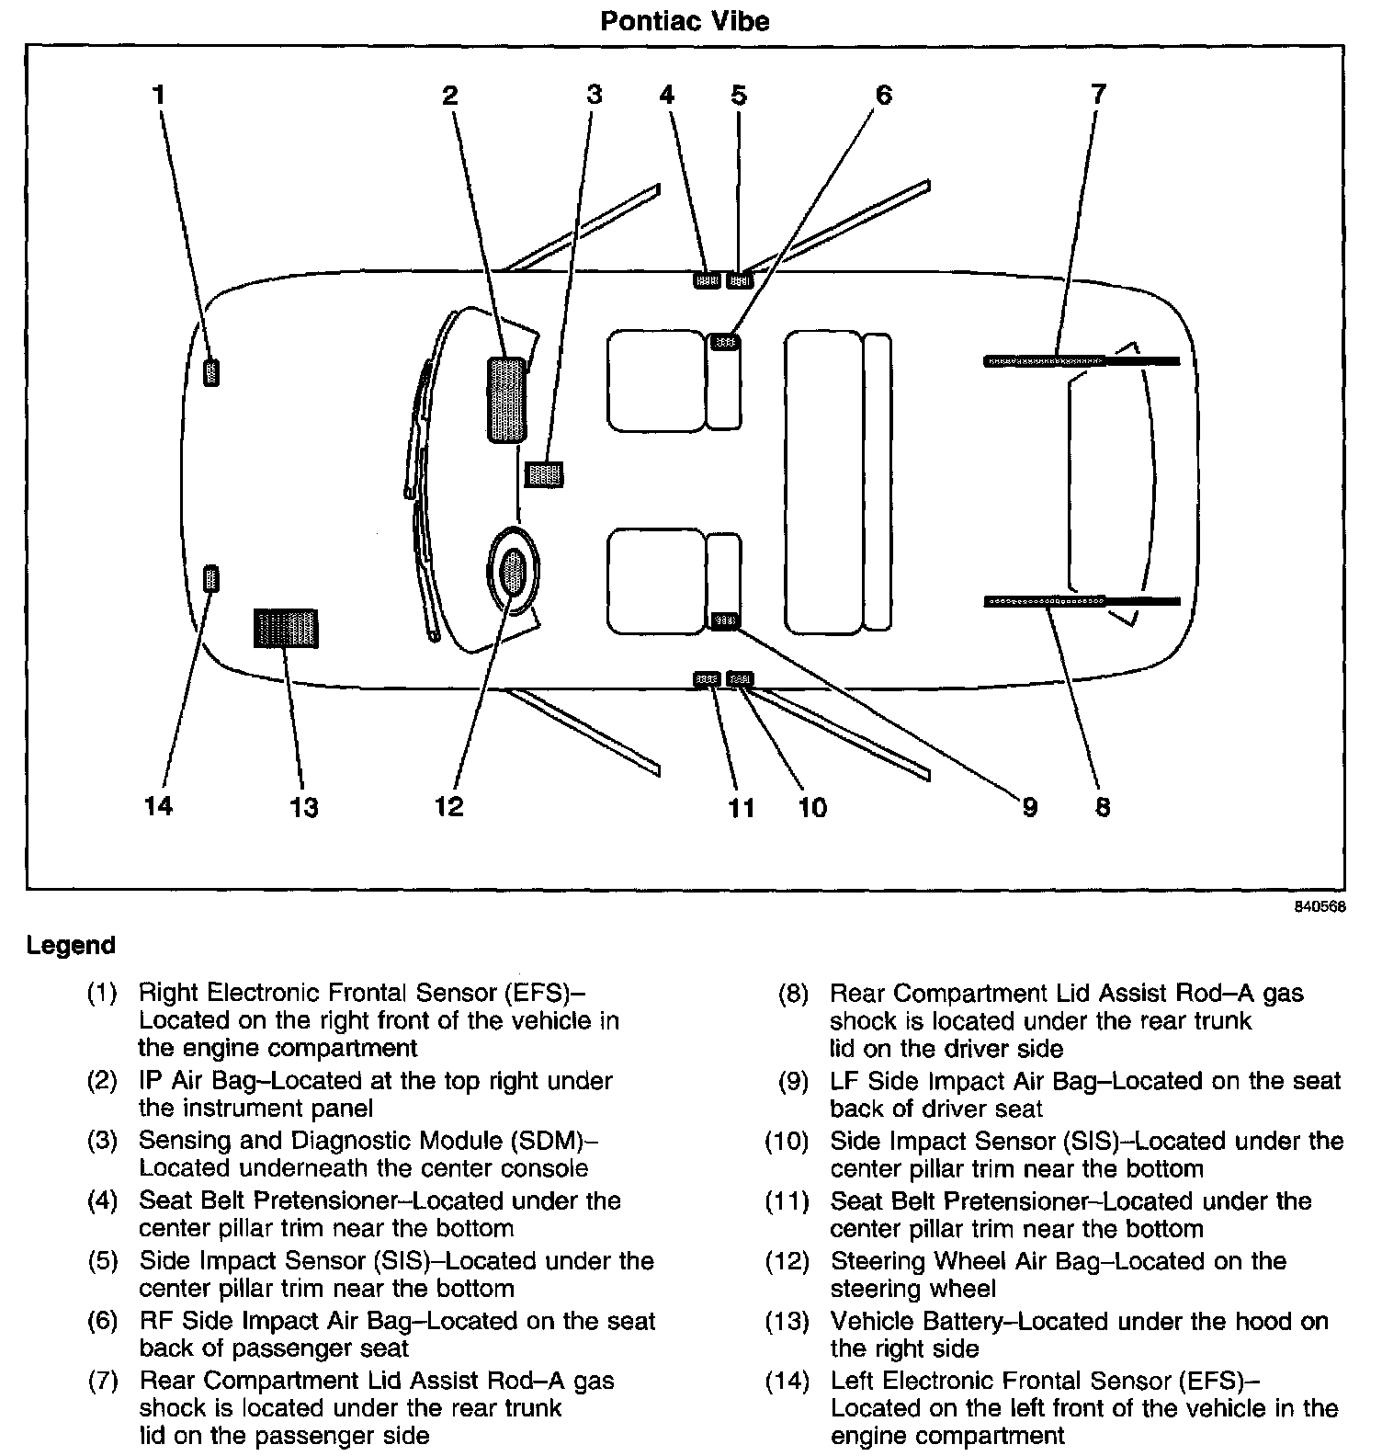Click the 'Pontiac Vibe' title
pos(685,21)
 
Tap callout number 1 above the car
pos(159,94)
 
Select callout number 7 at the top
pos(1098,94)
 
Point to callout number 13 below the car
pos(303,807)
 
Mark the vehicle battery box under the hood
pos(286,629)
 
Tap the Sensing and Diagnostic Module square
pos(543,474)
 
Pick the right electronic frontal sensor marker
pos(210,372)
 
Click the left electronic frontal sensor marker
pos(210,578)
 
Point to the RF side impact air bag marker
pos(725,342)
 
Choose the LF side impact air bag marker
pos(724,621)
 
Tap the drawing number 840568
pos(1320,905)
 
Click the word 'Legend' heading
pos(71,945)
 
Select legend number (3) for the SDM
pos(102,1141)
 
